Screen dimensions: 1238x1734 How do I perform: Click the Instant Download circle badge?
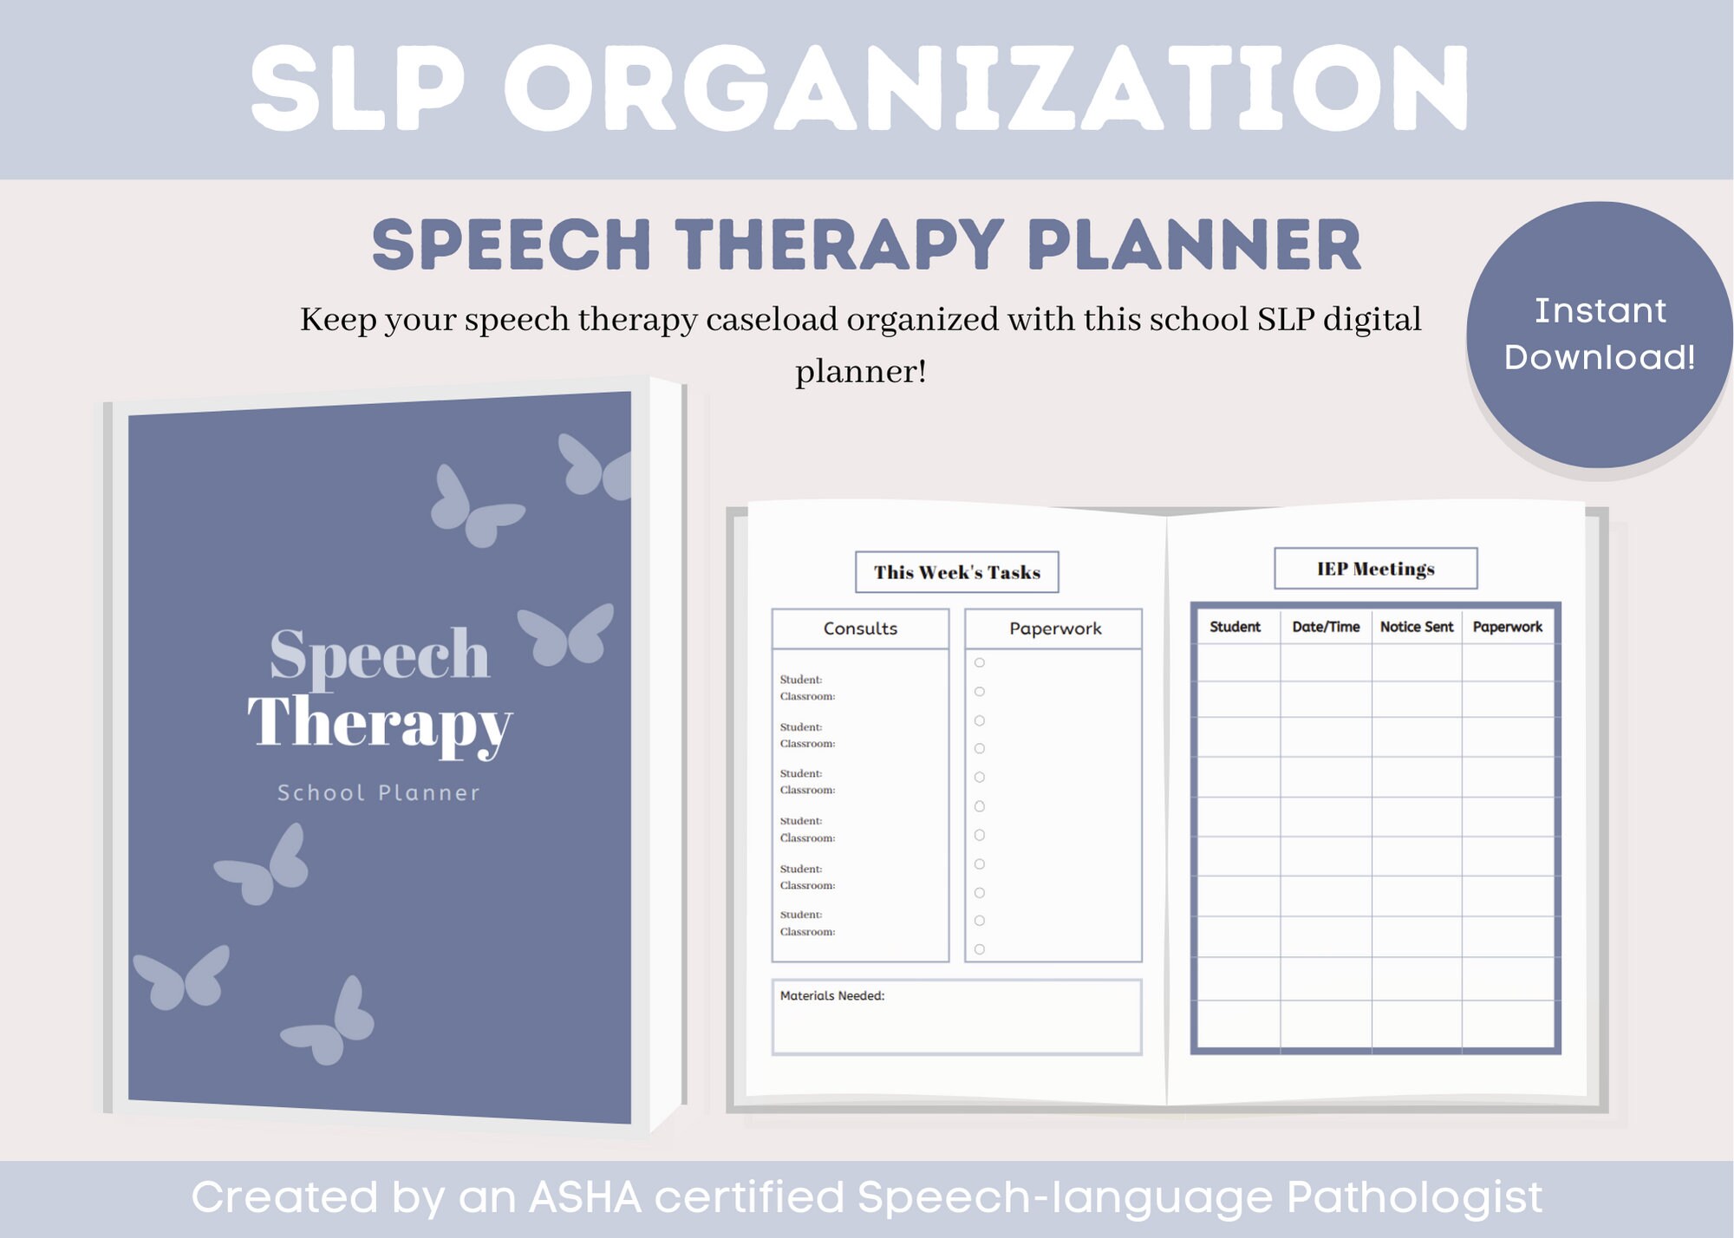tap(1599, 335)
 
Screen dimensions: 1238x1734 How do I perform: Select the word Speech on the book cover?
tap(379, 655)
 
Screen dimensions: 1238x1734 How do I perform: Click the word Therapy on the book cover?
tap(379, 722)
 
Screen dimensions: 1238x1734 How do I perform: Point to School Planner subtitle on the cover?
tap(378, 792)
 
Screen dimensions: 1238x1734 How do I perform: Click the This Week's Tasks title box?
tap(956, 572)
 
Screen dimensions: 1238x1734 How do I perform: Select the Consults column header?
tap(860, 629)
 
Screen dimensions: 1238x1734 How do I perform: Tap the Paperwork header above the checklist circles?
tap(1054, 629)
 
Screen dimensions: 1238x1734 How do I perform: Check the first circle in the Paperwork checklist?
tap(980, 663)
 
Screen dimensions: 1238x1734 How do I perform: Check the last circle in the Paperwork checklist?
tap(980, 949)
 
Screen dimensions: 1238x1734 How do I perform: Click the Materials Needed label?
tap(831, 996)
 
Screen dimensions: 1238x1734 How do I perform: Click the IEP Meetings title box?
tap(1375, 569)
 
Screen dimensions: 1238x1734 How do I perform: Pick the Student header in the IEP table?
tap(1235, 627)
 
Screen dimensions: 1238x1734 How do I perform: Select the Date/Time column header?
tap(1326, 627)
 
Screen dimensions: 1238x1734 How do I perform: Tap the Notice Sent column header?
tap(1416, 627)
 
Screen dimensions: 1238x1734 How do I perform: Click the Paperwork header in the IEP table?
tap(1507, 627)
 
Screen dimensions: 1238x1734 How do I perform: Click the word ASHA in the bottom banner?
tap(585, 1197)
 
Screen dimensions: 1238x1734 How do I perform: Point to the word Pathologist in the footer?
tap(1414, 1197)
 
